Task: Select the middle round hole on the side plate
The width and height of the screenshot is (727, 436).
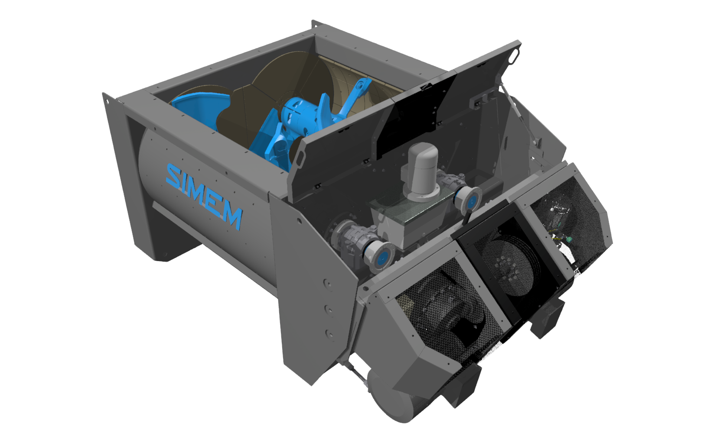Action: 329,310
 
